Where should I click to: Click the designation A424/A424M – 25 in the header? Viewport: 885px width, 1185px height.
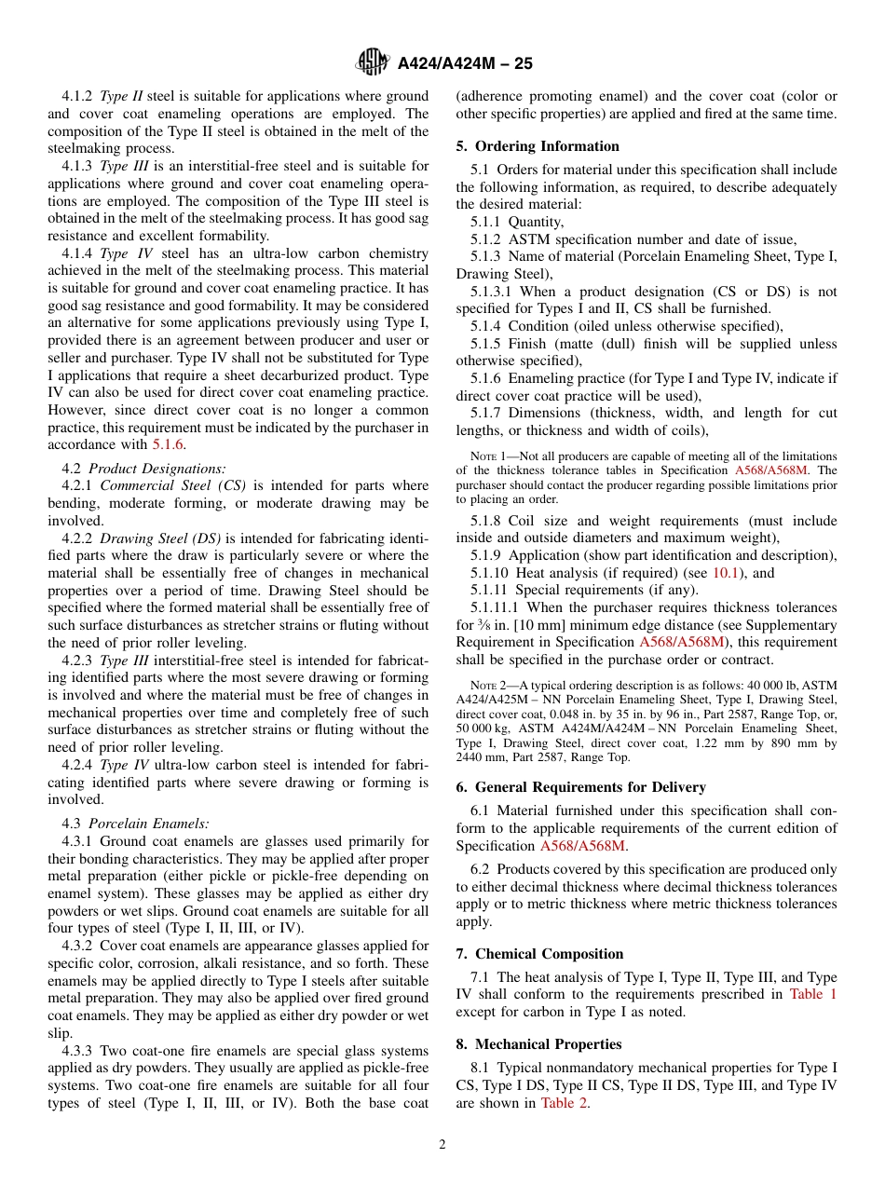(x=465, y=64)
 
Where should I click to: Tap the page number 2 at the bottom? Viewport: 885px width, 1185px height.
(x=442, y=1145)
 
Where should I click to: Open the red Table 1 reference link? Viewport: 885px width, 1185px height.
(x=812, y=994)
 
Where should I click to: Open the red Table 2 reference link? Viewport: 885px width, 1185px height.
(x=565, y=1103)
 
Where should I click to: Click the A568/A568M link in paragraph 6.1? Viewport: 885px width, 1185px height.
(x=582, y=846)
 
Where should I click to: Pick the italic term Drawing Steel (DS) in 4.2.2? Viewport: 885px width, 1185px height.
(x=161, y=538)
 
